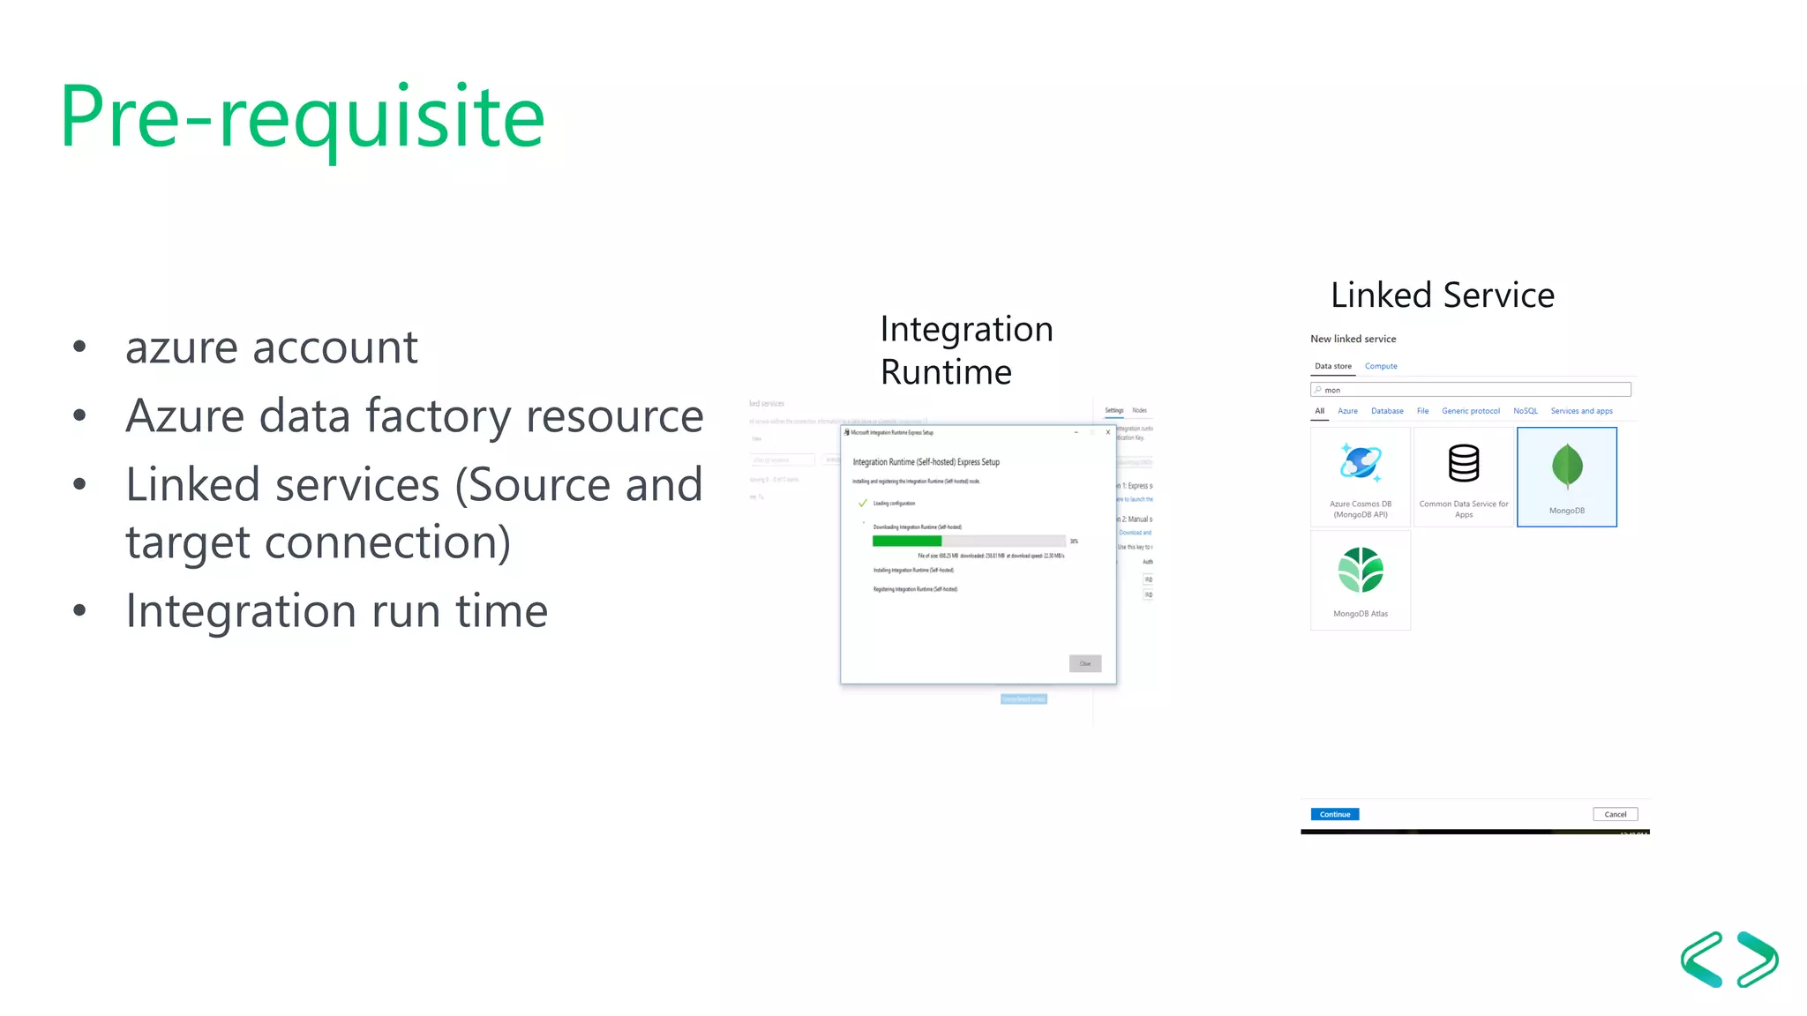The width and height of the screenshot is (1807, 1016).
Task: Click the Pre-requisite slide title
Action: pos(302,117)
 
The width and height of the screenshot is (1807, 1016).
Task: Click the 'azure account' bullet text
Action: pos(271,347)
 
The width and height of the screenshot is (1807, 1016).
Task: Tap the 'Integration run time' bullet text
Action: pos(336,610)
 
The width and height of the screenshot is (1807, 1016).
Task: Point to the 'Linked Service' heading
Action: pos(1442,295)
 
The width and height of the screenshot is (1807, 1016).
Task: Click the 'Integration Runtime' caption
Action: pos(965,350)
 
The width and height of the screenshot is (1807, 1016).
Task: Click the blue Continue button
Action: pos(1334,814)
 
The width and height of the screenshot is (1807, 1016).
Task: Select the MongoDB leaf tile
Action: pos(1566,476)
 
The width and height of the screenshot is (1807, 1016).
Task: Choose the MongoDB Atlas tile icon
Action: pos(1360,571)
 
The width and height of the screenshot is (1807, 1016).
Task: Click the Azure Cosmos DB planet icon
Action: pos(1360,462)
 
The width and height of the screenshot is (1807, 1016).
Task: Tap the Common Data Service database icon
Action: pos(1463,463)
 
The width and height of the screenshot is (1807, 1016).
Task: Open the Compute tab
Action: pos(1380,366)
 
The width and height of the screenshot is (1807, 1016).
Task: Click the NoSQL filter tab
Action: pos(1525,411)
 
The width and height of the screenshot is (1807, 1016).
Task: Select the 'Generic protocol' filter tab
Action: pos(1470,411)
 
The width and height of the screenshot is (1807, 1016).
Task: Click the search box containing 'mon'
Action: pos(1470,390)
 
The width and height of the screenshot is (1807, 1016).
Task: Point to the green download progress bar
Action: pos(906,542)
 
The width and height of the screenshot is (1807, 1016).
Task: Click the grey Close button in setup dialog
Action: pos(1084,663)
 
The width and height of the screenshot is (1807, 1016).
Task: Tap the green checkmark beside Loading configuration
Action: pos(862,504)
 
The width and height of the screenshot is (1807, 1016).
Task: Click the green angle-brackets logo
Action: pos(1728,959)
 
